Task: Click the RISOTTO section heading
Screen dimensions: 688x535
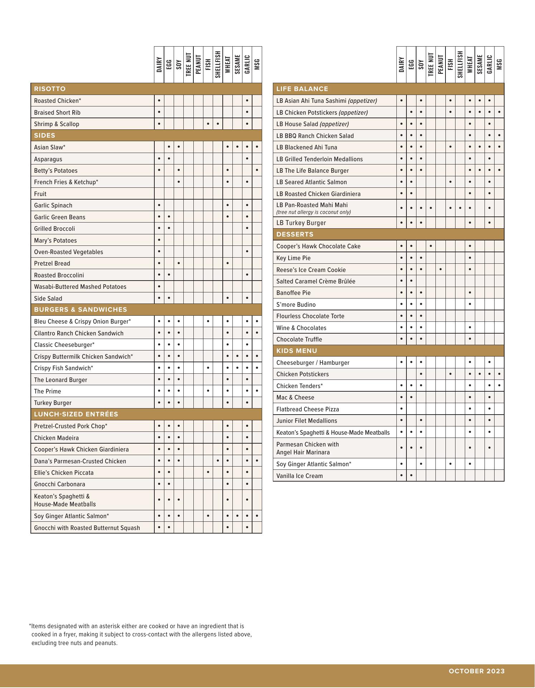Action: [x=50, y=89]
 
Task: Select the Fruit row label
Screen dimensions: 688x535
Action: [x=40, y=194]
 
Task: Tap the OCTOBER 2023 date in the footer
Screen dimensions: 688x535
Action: [x=477, y=671]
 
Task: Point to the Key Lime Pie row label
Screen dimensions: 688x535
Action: [x=293, y=258]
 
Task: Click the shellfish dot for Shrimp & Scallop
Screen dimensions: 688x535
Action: [x=218, y=124]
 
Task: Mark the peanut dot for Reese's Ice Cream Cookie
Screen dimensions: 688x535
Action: [x=440, y=269]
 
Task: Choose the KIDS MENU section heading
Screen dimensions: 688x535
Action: [x=297, y=351]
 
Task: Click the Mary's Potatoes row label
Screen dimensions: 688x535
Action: [x=55, y=240]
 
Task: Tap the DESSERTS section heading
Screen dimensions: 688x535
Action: [x=295, y=234]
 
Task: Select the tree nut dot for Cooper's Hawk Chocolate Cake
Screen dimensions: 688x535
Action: [x=430, y=246]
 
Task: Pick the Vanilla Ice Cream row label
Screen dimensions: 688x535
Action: [x=299, y=476]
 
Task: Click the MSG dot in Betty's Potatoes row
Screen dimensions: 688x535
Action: [x=257, y=170]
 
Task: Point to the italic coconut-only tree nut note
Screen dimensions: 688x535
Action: [x=313, y=212]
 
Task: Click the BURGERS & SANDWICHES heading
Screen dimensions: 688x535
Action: [x=80, y=310]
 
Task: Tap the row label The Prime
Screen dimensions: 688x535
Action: [x=47, y=391]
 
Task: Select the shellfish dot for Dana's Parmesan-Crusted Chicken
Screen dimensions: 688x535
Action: [x=218, y=461]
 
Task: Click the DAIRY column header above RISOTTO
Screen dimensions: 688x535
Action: [x=159, y=65]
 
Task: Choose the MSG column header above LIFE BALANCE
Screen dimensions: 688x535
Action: [x=499, y=65]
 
